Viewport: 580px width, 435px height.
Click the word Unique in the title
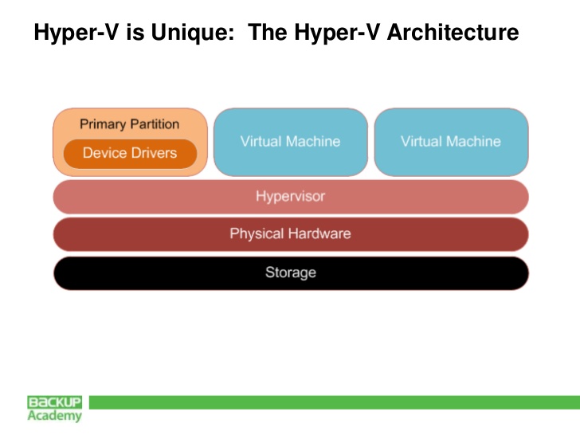click(x=192, y=33)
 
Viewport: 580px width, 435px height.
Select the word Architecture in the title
click(x=453, y=32)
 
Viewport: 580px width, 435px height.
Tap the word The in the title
click(x=268, y=32)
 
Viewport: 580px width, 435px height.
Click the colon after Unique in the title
click(x=232, y=35)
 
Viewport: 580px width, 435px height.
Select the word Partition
click(x=155, y=124)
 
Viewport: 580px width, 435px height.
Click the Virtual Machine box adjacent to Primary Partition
click(x=291, y=142)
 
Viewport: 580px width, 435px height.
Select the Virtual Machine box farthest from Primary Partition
click(x=451, y=142)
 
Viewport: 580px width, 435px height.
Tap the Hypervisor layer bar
click(x=291, y=197)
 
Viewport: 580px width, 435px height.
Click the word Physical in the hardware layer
click(x=257, y=234)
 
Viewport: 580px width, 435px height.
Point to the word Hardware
click(x=319, y=233)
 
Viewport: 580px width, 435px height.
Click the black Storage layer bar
click(x=291, y=273)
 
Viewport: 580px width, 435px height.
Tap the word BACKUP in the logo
click(x=55, y=402)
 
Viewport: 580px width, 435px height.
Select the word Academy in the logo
click(x=55, y=416)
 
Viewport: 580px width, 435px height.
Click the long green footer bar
click(x=335, y=402)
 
